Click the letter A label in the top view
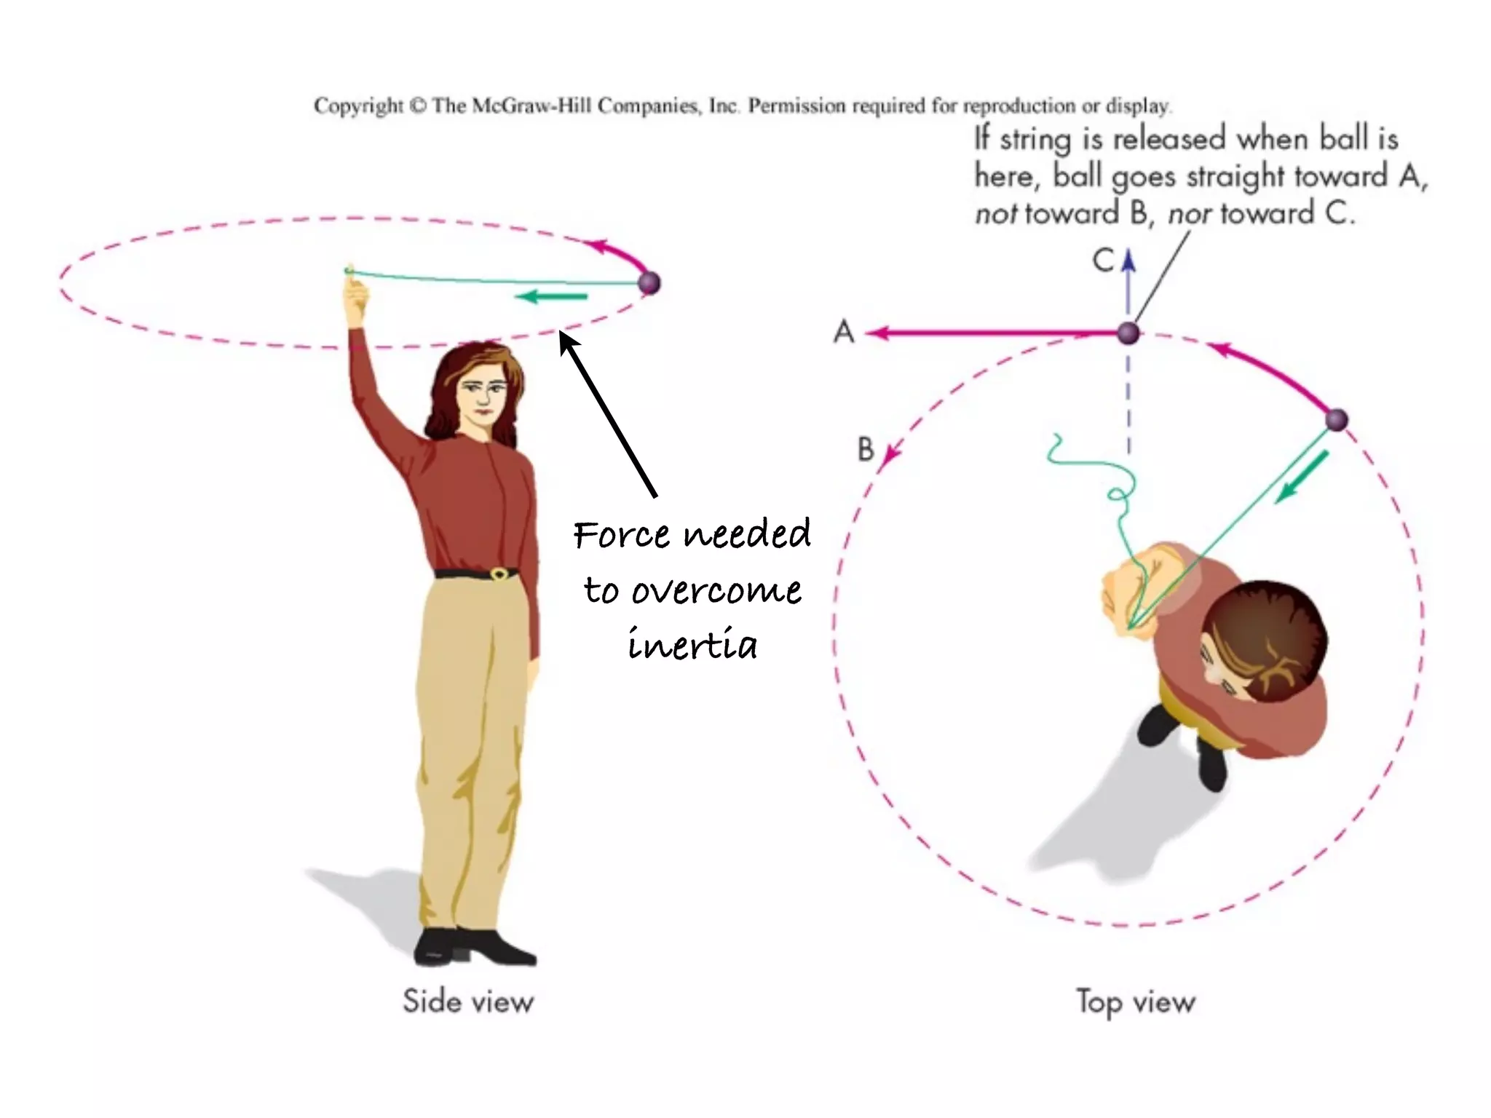pyautogui.click(x=843, y=332)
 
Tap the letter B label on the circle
pyautogui.click(x=865, y=449)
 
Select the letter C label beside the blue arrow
pyautogui.click(x=1104, y=260)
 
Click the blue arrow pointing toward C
pyautogui.click(x=1128, y=280)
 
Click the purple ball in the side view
pyautogui.click(x=649, y=282)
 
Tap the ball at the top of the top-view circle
pyautogui.click(x=1128, y=333)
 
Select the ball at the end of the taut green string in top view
pyautogui.click(x=1336, y=420)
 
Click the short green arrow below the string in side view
pyautogui.click(x=551, y=296)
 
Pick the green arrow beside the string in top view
pyautogui.click(x=1302, y=477)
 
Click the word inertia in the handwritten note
pyautogui.click(x=692, y=645)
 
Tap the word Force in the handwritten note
pyautogui.click(x=621, y=535)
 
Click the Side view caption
pyautogui.click(x=468, y=1002)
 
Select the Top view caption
pyautogui.click(x=1135, y=1002)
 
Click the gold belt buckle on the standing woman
pyautogui.click(x=499, y=574)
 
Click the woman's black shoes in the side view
pyautogui.click(x=473, y=946)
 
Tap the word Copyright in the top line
pyautogui.click(x=358, y=106)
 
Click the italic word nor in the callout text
pyautogui.click(x=1189, y=214)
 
